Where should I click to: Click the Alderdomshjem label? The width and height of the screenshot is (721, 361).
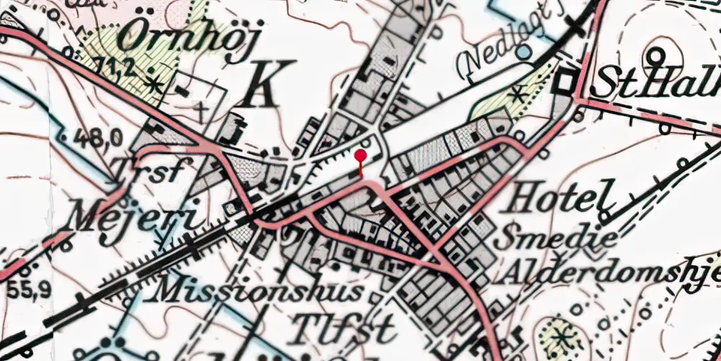pos(609,273)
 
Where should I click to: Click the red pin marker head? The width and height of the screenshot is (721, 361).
pos(360,155)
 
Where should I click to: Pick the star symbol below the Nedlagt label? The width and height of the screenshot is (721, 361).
pos(517,92)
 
